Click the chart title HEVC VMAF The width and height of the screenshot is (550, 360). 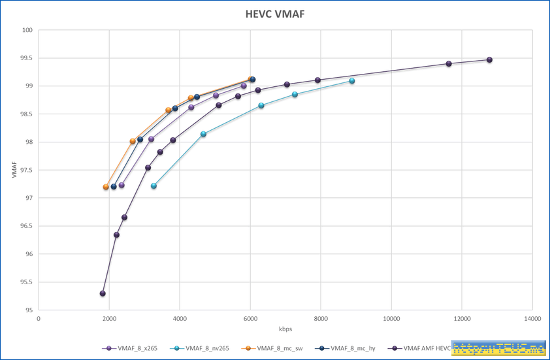[x=275, y=14]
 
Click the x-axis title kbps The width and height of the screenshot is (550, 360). [x=285, y=328]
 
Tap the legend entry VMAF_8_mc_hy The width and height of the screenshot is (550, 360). [x=351, y=348]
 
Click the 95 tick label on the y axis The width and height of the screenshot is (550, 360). [x=29, y=310]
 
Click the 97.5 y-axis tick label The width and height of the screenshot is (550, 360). [x=27, y=170]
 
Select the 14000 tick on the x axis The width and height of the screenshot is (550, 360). [x=532, y=319]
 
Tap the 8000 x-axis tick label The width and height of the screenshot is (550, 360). [x=321, y=319]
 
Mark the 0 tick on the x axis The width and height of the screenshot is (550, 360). [x=39, y=319]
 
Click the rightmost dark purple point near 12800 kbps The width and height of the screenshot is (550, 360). [x=489, y=59]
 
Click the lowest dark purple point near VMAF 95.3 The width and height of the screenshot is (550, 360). [x=103, y=293]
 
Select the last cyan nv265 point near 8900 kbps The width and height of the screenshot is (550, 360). [x=352, y=80]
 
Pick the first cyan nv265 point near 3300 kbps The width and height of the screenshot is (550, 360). [x=154, y=186]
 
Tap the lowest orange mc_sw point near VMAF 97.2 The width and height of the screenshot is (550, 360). [x=106, y=187]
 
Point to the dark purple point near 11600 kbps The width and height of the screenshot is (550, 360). [x=449, y=63]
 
